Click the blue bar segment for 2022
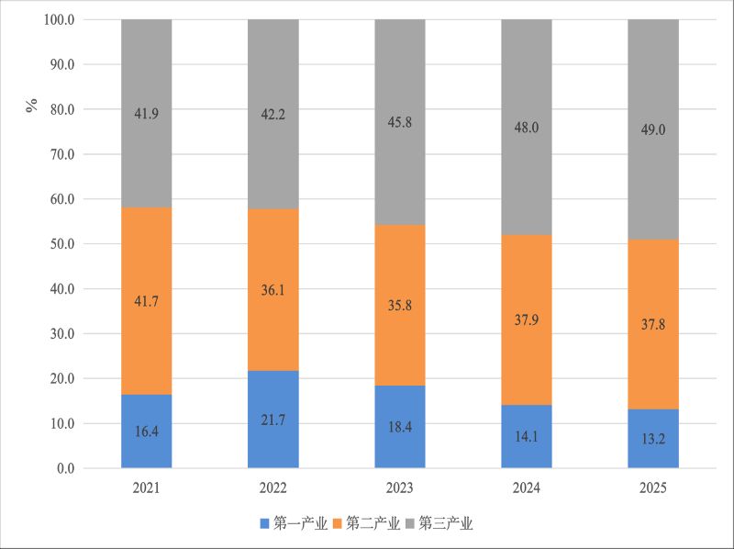tap(272, 420)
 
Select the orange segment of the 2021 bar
tap(147, 301)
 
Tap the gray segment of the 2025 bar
tap(653, 129)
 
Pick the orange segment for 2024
tap(527, 319)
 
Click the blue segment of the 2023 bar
tap(400, 427)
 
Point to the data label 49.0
tap(653, 129)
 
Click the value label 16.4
tap(147, 431)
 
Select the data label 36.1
tap(272, 290)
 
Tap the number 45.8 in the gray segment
tap(400, 122)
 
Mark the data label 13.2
tap(653, 439)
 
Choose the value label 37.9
tap(527, 319)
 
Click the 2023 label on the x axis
tap(400, 488)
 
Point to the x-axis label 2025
tap(653, 488)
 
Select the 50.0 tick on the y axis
tap(62, 244)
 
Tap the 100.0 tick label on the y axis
tap(59, 19)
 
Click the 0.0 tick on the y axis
tap(65, 468)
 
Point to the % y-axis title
tap(32, 106)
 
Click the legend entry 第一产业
tap(294, 523)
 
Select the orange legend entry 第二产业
tap(366, 523)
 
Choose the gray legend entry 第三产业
tap(439, 523)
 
